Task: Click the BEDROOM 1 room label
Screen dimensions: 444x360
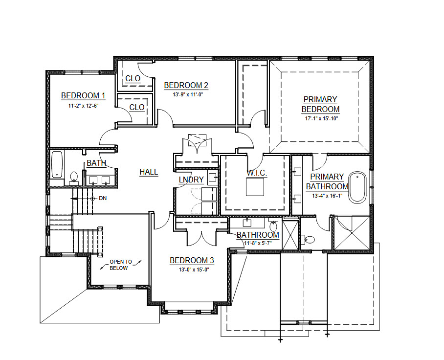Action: click(83, 95)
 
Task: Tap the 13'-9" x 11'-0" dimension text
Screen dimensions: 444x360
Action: click(188, 94)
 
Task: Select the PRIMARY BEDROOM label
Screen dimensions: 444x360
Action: click(320, 104)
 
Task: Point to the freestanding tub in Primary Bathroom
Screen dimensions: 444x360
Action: click(357, 187)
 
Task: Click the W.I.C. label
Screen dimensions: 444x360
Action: click(257, 173)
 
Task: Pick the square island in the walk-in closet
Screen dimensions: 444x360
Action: click(255, 187)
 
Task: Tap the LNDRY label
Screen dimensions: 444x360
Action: click(191, 180)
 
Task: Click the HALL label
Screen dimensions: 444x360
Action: click(149, 172)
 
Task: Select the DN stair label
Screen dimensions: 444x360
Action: click(103, 198)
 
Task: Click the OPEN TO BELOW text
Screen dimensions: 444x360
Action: click(121, 265)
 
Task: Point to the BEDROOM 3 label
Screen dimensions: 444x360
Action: click(192, 260)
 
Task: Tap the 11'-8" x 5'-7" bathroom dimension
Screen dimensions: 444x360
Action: click(258, 243)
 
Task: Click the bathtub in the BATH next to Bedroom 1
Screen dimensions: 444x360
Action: click(57, 164)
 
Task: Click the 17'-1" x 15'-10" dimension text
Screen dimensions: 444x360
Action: click(321, 118)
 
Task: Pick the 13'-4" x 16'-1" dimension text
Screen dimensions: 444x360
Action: click(327, 196)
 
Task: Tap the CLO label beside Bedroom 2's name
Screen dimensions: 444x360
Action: click(133, 78)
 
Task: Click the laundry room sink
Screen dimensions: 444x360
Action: click(212, 177)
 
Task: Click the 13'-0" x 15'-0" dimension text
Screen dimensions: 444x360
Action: click(194, 270)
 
